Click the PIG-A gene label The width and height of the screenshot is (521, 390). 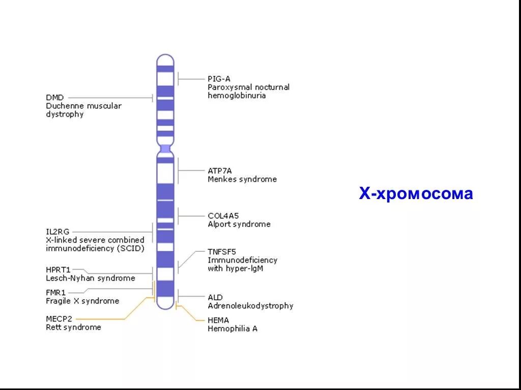pos(219,79)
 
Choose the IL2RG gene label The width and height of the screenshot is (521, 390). pos(57,232)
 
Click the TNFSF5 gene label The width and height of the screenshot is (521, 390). pos(222,251)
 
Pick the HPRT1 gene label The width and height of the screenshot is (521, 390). pos(59,270)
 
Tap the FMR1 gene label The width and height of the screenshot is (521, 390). pos(55,292)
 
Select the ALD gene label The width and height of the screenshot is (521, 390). pos(215,297)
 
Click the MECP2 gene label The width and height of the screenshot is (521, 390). pos(59,319)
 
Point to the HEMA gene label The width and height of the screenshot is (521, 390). pos(218,320)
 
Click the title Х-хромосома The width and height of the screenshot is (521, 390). pos(416,193)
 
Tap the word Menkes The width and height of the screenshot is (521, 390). pos(221,179)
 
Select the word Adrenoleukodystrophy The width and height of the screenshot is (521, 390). pos(250,306)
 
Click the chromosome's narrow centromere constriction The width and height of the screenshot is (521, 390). pos(165,148)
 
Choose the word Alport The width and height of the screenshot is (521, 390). pos(219,224)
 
